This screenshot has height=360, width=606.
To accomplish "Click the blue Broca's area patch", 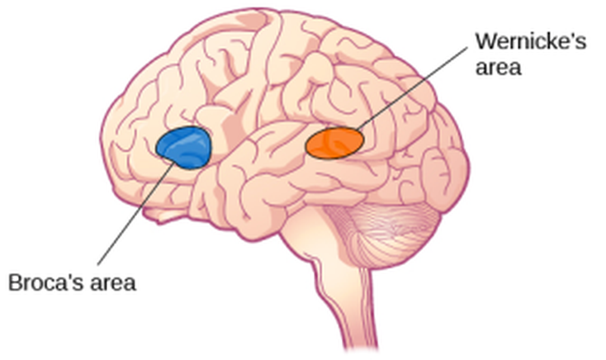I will point(184,148).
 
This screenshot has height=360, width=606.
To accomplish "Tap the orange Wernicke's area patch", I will point(334,142).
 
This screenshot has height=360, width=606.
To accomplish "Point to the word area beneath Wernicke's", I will point(498,68).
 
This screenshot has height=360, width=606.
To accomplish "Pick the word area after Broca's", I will point(111,283).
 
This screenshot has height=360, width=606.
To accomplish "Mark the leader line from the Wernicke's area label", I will point(413,83).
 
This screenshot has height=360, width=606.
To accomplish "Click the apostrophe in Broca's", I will point(66,277).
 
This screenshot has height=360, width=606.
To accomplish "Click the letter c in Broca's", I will point(48,284).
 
